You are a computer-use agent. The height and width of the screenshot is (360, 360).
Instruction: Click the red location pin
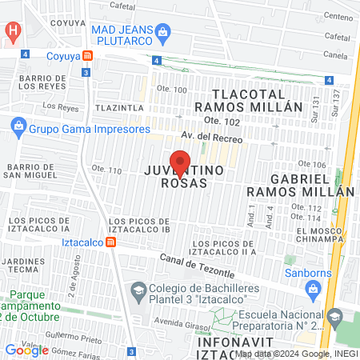pyautogui.click(x=180, y=161)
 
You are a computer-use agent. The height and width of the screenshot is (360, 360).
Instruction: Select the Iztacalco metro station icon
pyautogui.click(x=110, y=242)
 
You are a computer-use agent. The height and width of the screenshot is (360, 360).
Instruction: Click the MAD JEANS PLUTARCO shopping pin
pyautogui.click(x=163, y=33)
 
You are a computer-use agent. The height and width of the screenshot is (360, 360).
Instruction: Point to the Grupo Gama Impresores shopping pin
pyautogui.click(x=18, y=128)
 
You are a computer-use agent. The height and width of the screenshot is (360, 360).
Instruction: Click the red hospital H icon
pyautogui.click(x=12, y=31)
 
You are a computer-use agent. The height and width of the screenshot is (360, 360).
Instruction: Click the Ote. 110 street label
pyautogui.click(x=106, y=170)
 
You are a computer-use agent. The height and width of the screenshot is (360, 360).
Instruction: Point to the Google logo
pyautogui.click(x=26, y=350)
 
